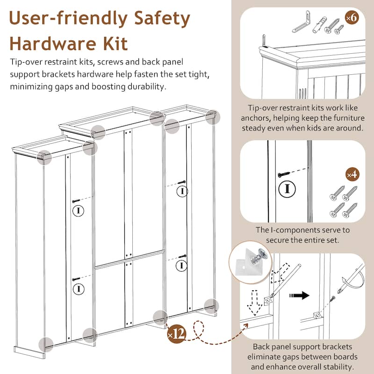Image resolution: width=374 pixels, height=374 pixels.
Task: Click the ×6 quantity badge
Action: point(352,17)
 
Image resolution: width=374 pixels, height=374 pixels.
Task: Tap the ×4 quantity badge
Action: point(352,174)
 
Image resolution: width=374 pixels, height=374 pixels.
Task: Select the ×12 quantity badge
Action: point(177,334)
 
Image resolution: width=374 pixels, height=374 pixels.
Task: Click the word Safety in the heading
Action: point(162,19)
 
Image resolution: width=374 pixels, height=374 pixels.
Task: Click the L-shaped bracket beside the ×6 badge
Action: point(301,22)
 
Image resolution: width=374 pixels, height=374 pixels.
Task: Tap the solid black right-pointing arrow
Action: point(299,295)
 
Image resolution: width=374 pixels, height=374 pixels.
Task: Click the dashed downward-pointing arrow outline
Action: point(254,302)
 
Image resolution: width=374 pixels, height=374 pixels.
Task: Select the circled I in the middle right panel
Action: point(287,189)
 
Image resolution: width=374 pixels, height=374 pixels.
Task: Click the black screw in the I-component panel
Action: point(284,174)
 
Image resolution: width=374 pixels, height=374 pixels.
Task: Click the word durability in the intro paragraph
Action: point(147,86)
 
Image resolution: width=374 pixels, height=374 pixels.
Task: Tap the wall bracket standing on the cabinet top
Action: point(264,41)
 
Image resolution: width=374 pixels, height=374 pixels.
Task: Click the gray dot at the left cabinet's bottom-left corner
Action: point(46,345)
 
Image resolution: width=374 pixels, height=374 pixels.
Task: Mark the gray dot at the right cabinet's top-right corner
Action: point(213,117)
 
